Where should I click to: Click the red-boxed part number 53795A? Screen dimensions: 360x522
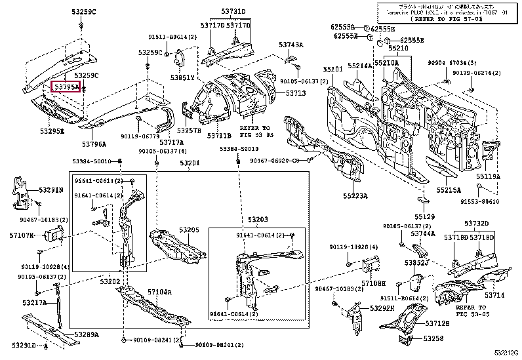click(66, 87)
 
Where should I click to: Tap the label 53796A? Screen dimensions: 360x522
click(95, 144)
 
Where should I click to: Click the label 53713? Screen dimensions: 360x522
click(296, 94)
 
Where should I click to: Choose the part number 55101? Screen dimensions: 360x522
click(332, 69)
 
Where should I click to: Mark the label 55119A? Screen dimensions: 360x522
click(488, 176)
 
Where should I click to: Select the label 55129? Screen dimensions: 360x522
click(424, 216)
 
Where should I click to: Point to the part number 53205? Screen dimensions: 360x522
click(190, 230)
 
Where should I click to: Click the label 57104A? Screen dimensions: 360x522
click(159, 292)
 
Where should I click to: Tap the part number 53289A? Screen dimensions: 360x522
click(87, 334)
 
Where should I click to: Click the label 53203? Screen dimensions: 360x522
click(258, 219)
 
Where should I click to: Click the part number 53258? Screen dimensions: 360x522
click(433, 338)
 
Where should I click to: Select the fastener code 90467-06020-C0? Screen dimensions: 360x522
click(295, 160)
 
